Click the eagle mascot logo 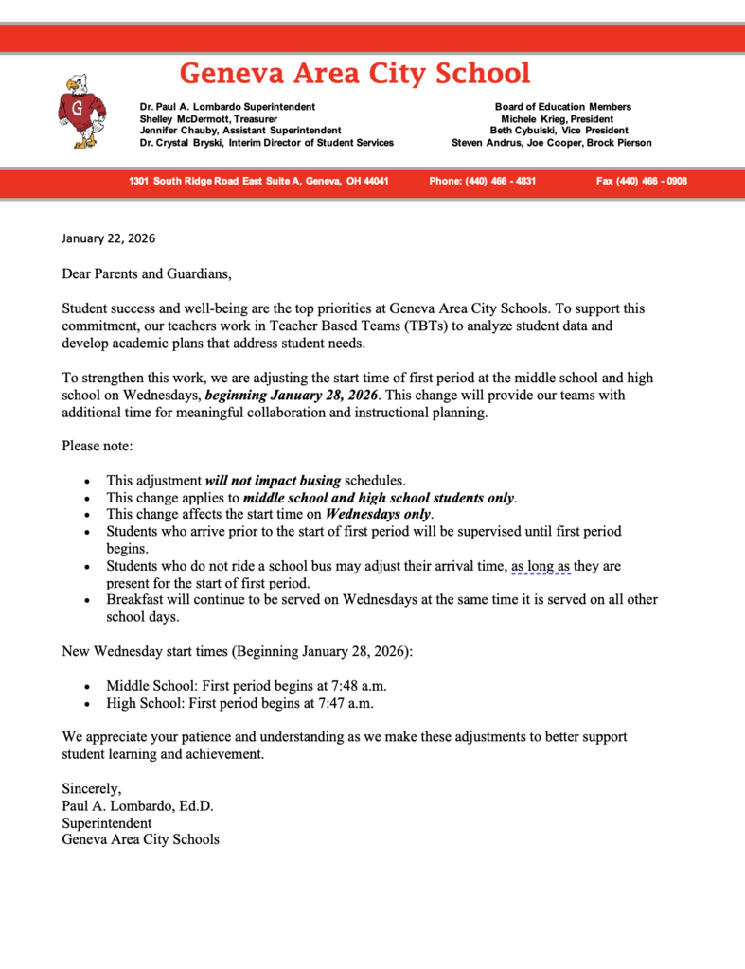(x=80, y=112)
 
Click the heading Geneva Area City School (x=355, y=73)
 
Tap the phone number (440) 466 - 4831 (x=482, y=181)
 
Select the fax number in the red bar (x=641, y=181)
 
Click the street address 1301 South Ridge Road (x=258, y=181)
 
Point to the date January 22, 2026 (x=108, y=238)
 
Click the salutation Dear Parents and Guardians (x=146, y=274)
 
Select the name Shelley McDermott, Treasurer (x=208, y=119)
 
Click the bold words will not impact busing (x=273, y=481)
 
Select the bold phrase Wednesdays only (x=378, y=515)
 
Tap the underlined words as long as (x=541, y=566)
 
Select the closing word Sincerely (x=92, y=788)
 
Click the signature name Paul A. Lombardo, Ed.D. (x=137, y=805)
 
